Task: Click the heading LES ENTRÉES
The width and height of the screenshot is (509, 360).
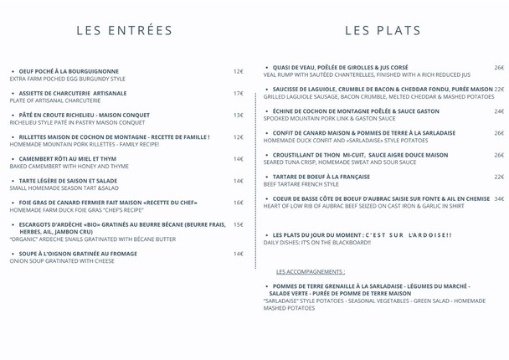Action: click(124, 31)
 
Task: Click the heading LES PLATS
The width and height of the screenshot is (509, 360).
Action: click(383, 31)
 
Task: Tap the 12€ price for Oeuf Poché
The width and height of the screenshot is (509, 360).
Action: click(238, 72)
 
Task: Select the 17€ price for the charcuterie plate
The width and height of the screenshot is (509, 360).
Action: click(238, 93)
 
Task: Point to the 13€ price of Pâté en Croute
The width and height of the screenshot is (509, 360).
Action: click(238, 115)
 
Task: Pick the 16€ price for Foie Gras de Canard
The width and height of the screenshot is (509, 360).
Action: click(238, 203)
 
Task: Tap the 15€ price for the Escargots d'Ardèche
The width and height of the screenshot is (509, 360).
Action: click(238, 224)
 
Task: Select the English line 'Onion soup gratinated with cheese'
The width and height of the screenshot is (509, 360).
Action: click(62, 261)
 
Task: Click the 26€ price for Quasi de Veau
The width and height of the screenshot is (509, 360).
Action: click(499, 67)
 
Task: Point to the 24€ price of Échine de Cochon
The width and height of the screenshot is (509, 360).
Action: click(499, 111)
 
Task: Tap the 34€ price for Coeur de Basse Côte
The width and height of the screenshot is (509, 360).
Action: click(499, 198)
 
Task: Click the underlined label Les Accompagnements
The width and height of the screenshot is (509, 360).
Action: click(310, 271)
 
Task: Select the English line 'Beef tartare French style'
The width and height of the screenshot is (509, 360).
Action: click(301, 184)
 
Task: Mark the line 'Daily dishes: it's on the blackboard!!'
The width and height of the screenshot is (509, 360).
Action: click(316, 243)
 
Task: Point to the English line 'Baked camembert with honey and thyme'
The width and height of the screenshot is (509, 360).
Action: click(69, 166)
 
